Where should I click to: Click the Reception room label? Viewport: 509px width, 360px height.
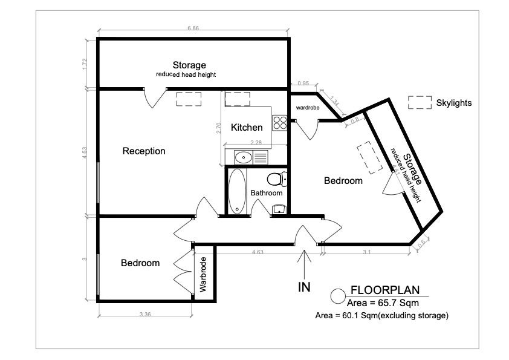pos(144,151)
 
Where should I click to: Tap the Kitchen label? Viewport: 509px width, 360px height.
pos(247,128)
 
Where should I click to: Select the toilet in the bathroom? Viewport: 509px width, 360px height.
pos(277,179)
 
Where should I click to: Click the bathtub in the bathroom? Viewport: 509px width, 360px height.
pos(237,191)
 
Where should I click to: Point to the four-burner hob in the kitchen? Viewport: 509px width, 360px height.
pos(280,123)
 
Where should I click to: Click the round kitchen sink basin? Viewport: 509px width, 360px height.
pos(244,157)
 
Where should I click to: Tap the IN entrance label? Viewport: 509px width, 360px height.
pos(304,287)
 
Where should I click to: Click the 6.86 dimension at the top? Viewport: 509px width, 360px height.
pos(193,28)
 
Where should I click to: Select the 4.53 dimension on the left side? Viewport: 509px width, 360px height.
pos(85,152)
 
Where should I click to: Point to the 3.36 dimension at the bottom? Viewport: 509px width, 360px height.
pos(145,314)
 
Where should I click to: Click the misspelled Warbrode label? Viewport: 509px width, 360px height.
pos(203,275)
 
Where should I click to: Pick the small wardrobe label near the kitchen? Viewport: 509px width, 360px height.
pos(308,108)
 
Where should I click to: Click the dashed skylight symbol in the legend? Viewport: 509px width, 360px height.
pos(420,102)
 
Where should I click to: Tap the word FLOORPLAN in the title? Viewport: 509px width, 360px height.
pos(385,290)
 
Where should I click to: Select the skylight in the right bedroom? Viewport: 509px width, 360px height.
pos(369,157)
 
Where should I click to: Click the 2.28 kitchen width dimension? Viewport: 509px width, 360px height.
pos(256,142)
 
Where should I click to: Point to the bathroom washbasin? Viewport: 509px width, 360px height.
pos(279,209)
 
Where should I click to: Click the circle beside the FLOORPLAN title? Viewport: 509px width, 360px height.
pos(338,296)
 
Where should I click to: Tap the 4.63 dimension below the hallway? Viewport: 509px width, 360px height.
pos(258,252)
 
